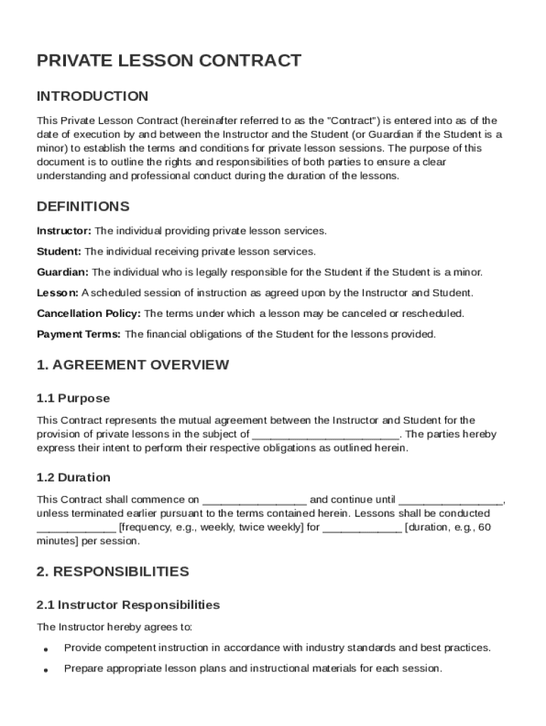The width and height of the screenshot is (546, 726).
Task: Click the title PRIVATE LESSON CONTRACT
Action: point(169,61)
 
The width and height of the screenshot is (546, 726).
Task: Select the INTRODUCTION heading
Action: point(92,96)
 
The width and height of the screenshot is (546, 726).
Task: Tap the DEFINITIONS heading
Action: point(83,207)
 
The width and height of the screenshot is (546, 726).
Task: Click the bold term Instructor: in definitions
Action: point(64,231)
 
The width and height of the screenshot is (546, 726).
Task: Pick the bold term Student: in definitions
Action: point(59,252)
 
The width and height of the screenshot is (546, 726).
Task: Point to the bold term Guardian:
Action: point(62,272)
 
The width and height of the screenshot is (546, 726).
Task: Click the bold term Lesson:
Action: point(57,293)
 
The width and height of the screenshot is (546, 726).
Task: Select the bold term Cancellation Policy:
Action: point(89,313)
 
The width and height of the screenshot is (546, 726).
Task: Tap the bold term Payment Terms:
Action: point(79,334)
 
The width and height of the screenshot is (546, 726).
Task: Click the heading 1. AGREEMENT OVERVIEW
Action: point(133,365)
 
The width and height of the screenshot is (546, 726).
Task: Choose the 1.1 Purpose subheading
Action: point(73,398)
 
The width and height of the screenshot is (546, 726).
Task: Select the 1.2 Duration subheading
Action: point(73,478)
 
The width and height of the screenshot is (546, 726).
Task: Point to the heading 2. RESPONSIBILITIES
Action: point(113,571)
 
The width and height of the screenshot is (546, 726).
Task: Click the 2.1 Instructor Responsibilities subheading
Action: point(128,605)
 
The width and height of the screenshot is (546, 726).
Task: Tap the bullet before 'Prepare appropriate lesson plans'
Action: point(45,670)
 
